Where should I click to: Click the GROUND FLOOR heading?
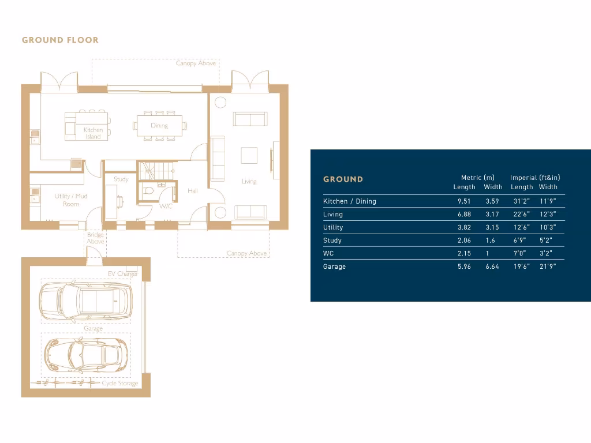pyautogui.click(x=60, y=40)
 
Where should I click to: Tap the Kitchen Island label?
pyautogui.click(x=93, y=133)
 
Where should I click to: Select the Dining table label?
pyautogui.click(x=159, y=125)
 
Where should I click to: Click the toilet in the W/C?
pyautogui.click(x=148, y=190)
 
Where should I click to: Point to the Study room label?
pyautogui.click(x=121, y=179)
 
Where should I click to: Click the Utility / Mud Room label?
pyautogui.click(x=71, y=200)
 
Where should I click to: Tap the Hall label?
pyautogui.click(x=193, y=190)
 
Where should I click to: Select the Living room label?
pyautogui.click(x=249, y=181)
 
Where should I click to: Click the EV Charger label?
pyautogui.click(x=122, y=274)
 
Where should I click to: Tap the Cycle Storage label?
pyautogui.click(x=120, y=383)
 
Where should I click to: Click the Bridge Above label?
pyautogui.click(x=95, y=238)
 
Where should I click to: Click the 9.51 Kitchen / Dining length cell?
pyautogui.click(x=464, y=201)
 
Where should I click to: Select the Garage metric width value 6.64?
pyautogui.click(x=492, y=266)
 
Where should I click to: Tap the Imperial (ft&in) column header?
pyautogui.click(x=535, y=178)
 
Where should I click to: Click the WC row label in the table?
pyautogui.click(x=329, y=253)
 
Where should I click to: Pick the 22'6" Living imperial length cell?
pyautogui.click(x=522, y=214)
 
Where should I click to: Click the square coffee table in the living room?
pyautogui.click(x=249, y=156)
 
